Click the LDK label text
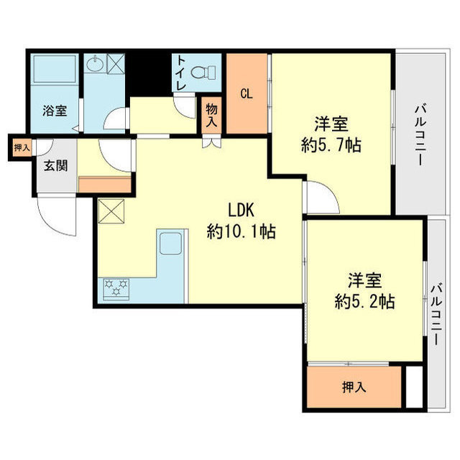pos(242,211)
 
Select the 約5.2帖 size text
pos(364,302)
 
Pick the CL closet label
pos(247,93)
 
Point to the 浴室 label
pos(55,111)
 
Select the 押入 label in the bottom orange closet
pos(354,387)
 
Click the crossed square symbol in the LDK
pos(111,211)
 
